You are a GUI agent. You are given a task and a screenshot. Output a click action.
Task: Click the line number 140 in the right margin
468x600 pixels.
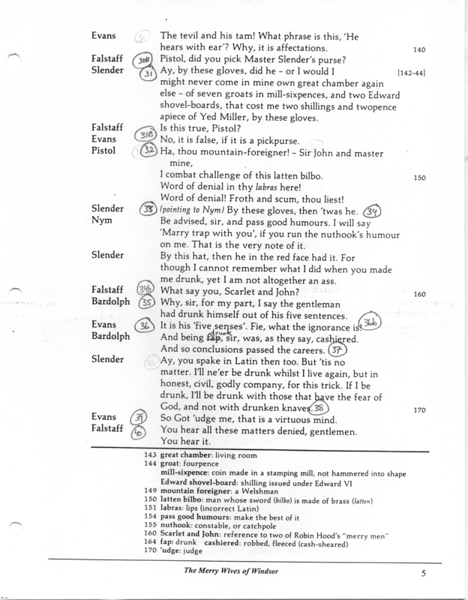(420, 50)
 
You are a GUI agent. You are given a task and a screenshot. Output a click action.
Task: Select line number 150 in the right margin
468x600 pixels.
(420, 178)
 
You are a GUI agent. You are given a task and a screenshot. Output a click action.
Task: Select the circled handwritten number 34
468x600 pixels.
(373, 212)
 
